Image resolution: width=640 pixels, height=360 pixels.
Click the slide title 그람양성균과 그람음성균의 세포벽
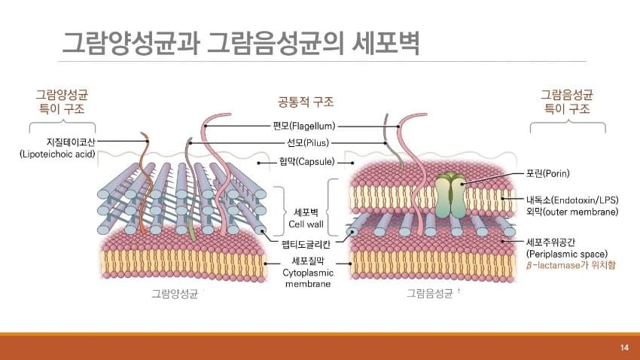point(241,42)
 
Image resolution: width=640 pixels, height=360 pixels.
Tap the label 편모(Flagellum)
point(304,126)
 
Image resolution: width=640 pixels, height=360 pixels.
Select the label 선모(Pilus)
point(308,143)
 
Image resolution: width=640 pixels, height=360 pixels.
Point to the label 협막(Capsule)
point(306,162)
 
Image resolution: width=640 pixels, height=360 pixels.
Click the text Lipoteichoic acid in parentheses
point(57,154)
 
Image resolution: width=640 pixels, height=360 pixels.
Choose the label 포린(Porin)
point(547,173)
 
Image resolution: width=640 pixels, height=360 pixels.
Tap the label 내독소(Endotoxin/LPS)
point(572,200)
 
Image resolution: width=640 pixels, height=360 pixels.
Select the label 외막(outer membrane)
point(572,212)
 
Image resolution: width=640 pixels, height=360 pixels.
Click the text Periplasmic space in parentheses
point(567,254)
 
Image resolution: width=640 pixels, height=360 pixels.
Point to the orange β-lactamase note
point(571,265)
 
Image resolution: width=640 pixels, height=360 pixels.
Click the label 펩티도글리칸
point(306,245)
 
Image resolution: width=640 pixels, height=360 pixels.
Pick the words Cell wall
point(306,224)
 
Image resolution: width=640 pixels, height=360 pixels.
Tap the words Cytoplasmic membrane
point(308,279)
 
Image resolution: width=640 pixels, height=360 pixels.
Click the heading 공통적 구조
point(306,102)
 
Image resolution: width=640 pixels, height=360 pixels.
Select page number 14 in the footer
point(624,347)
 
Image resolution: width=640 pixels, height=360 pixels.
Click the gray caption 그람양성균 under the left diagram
point(175,294)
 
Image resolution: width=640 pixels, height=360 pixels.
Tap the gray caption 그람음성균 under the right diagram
point(430,294)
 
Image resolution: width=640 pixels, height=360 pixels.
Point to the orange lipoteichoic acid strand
point(145,184)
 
